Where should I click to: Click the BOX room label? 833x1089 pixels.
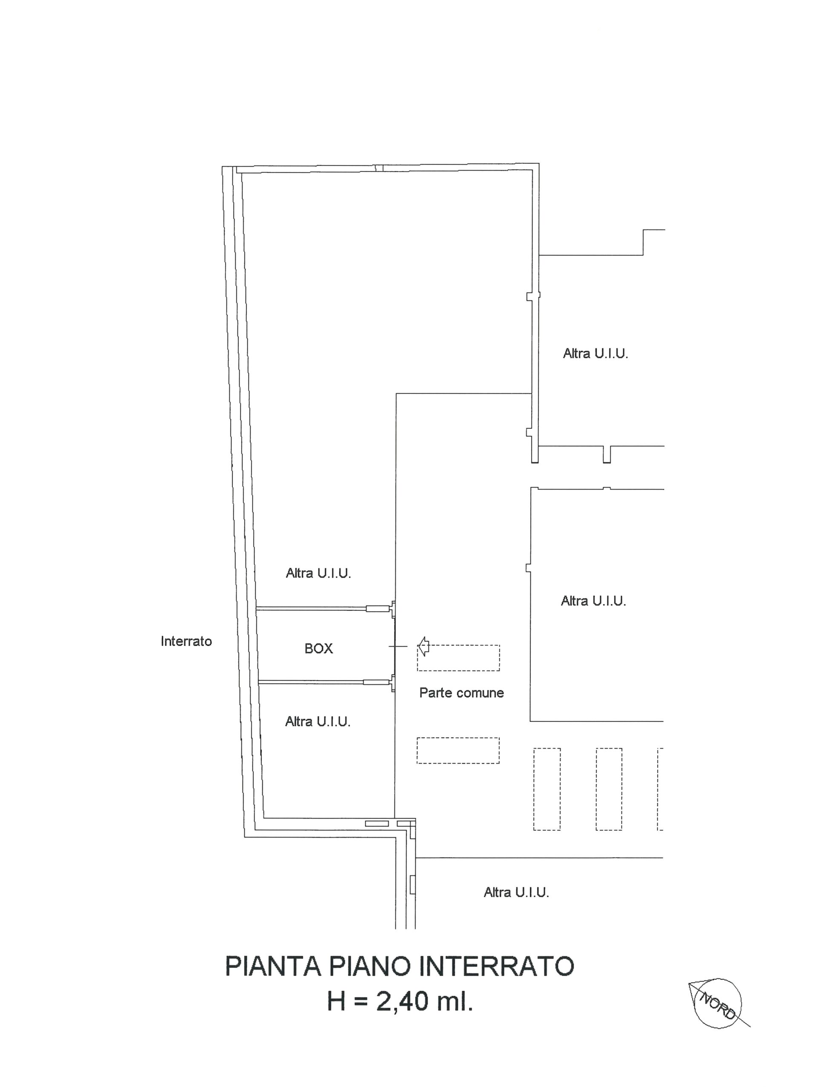click(x=318, y=649)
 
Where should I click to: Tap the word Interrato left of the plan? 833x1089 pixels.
click(x=186, y=641)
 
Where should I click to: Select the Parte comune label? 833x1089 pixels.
click(x=462, y=693)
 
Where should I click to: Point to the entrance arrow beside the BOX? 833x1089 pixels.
click(x=423, y=647)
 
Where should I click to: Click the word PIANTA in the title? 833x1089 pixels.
click(x=273, y=966)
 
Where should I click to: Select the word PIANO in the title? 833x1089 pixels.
click(x=369, y=966)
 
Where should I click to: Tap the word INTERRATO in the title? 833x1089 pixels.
click(x=497, y=966)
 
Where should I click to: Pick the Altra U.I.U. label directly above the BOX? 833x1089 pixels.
click(x=318, y=573)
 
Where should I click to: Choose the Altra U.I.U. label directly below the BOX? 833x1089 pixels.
click(x=318, y=721)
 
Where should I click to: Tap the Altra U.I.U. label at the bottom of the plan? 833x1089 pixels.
click(x=517, y=892)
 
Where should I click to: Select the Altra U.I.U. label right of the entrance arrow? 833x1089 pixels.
click(x=593, y=601)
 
